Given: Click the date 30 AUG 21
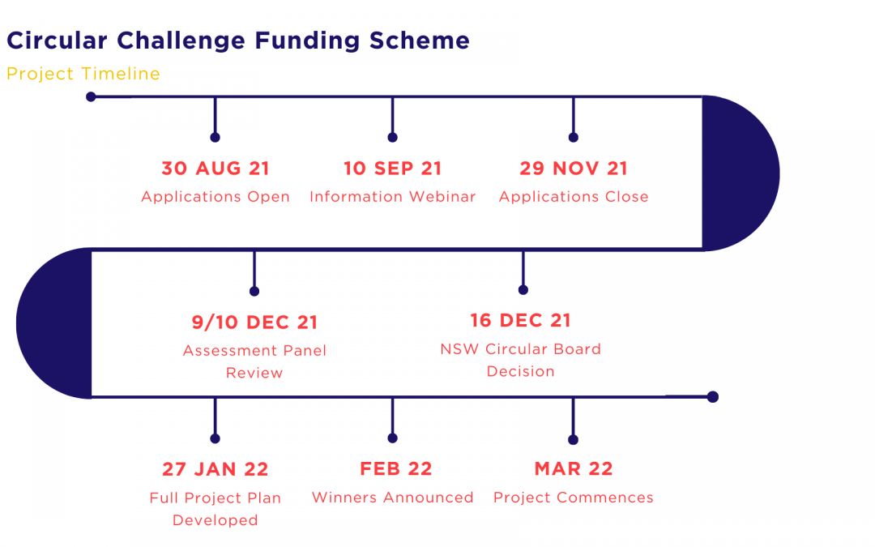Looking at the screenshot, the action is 216,168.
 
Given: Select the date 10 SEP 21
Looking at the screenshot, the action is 392,168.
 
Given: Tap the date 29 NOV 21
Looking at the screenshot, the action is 574,168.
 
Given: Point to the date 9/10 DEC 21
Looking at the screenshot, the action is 254,322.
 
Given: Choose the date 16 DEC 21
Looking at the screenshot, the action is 521,320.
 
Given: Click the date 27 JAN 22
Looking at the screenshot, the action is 216,469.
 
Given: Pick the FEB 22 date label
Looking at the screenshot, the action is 395,469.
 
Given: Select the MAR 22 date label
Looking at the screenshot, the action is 574,469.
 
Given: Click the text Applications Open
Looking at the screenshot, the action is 216,197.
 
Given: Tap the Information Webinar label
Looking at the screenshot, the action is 393,196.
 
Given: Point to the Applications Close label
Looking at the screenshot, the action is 574,197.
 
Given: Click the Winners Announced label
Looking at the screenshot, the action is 393,498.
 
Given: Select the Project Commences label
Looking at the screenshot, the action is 574,498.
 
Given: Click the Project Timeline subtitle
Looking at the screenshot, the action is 83,74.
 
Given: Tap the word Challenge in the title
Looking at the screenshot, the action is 181,41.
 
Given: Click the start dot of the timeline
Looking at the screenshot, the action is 91,97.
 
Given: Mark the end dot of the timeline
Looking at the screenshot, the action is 713,397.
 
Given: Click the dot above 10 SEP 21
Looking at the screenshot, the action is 393,137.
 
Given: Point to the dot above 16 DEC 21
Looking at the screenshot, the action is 523,289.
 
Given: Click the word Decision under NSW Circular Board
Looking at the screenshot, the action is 521,371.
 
